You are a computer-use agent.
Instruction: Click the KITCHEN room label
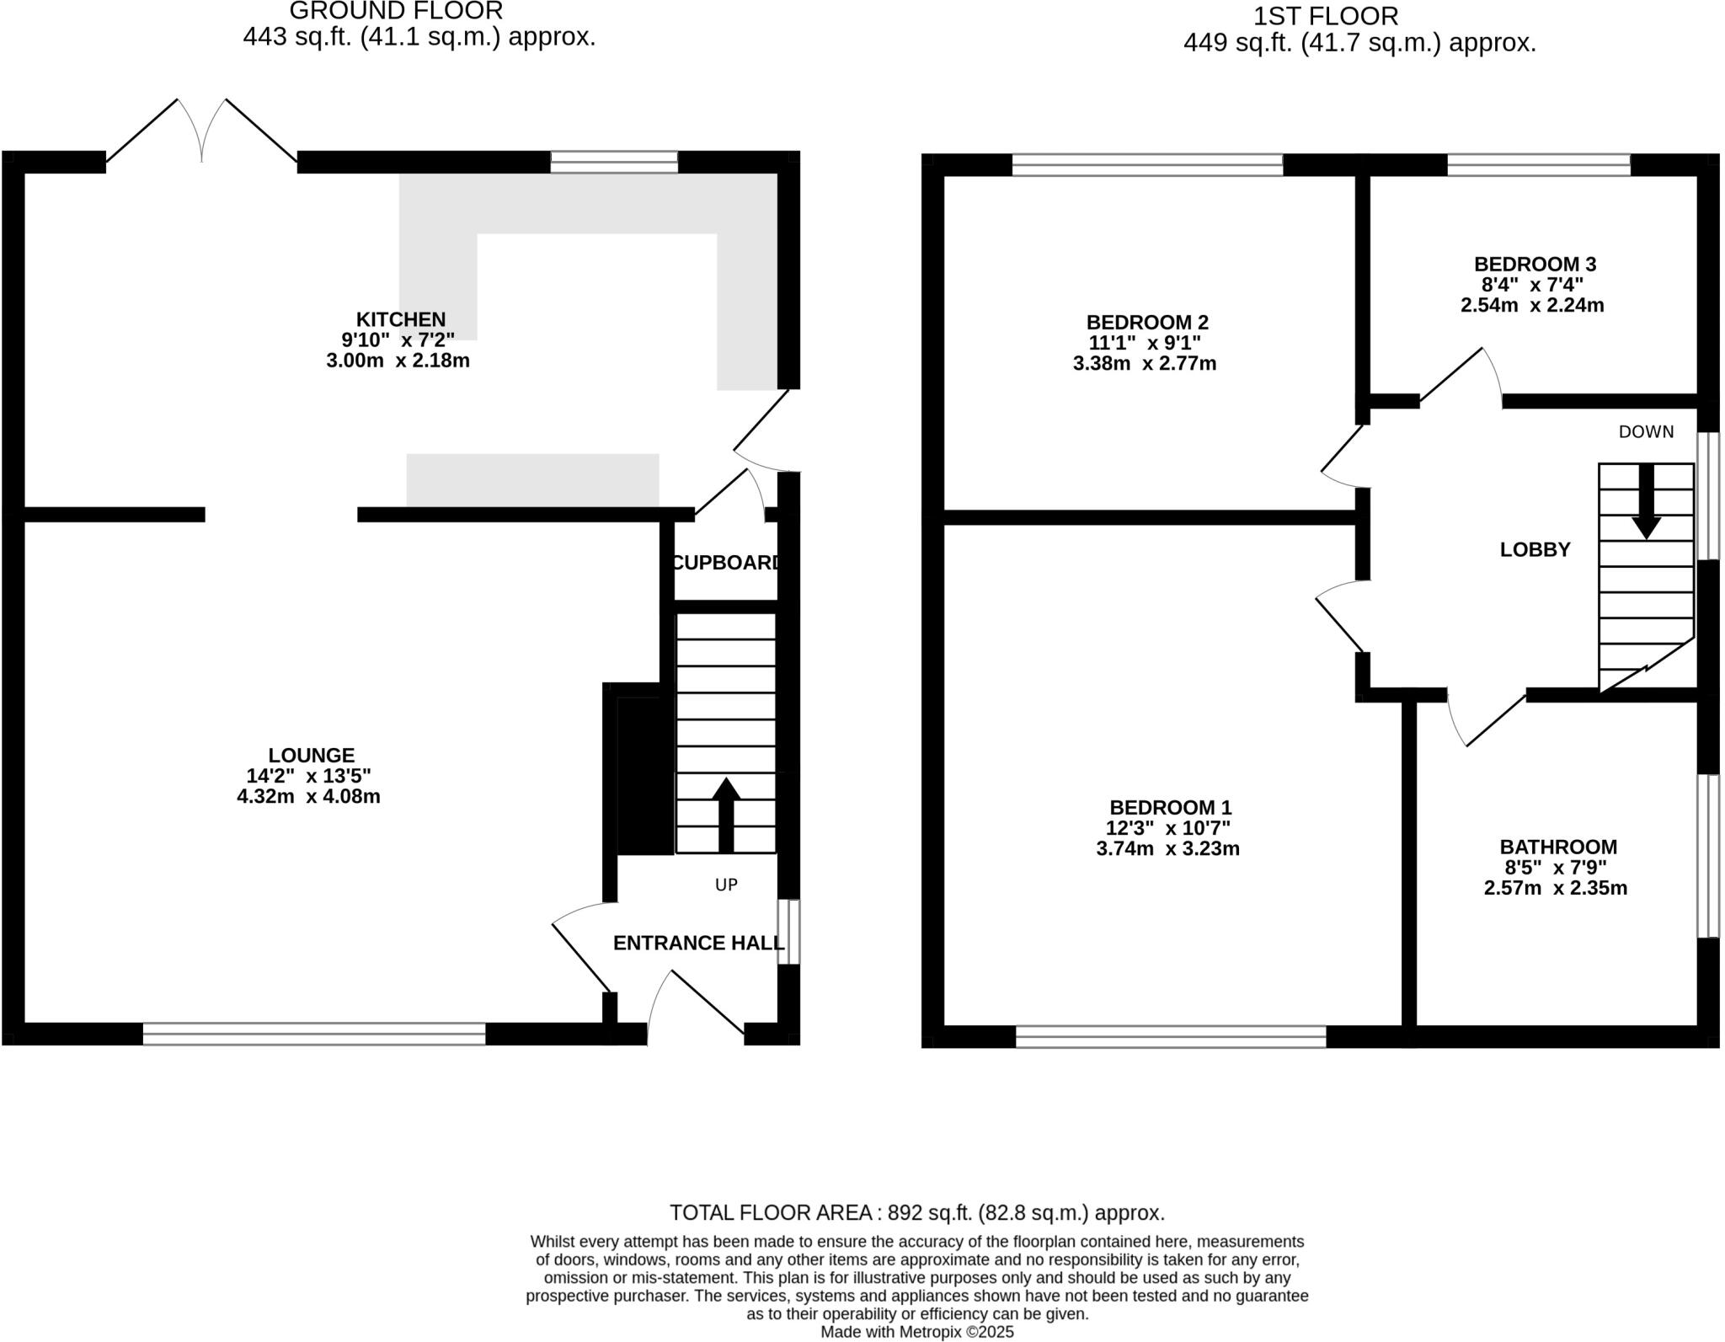[400, 319]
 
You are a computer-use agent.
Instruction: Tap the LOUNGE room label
[312, 756]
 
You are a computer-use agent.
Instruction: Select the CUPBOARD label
[726, 563]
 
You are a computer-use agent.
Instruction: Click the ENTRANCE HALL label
[697, 944]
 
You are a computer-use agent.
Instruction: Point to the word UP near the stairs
[726, 885]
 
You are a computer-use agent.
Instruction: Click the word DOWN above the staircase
[1646, 432]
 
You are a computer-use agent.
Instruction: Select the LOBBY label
[1535, 550]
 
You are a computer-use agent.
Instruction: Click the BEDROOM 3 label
[1535, 265]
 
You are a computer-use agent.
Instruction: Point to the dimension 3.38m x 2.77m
[1145, 364]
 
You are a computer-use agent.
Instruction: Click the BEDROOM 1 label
[1170, 808]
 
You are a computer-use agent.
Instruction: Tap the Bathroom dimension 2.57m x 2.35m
[1555, 888]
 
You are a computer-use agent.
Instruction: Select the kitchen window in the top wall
[614, 162]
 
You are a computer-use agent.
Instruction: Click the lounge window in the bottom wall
[314, 1034]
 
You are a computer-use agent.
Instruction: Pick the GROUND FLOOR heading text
[396, 11]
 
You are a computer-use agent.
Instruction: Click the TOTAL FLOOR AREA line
[916, 1213]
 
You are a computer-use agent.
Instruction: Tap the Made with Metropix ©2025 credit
[916, 1332]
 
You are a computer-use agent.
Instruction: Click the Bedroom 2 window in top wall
[1147, 164]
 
